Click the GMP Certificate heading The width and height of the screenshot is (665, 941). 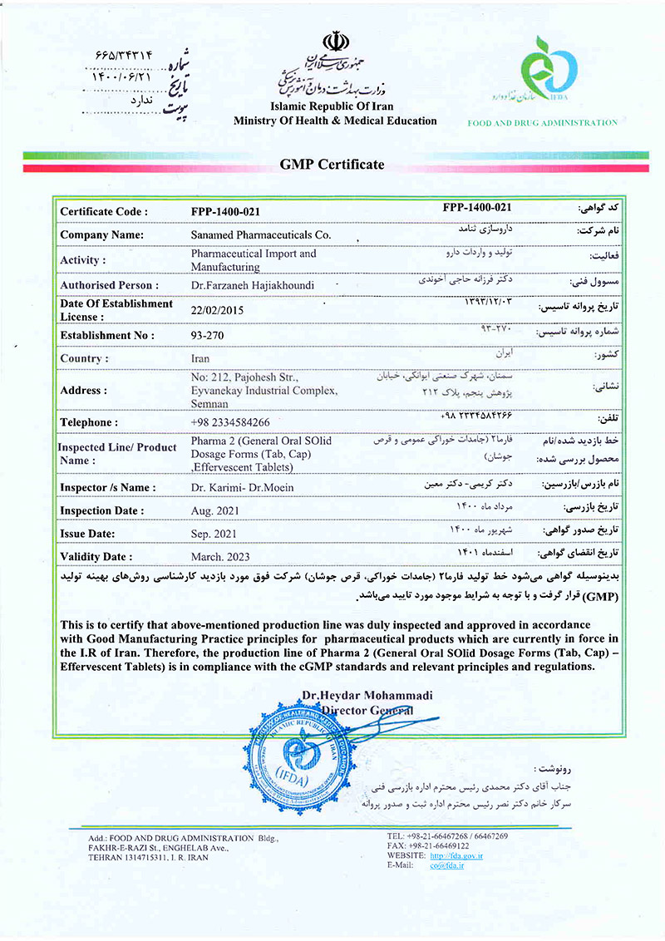click(x=332, y=164)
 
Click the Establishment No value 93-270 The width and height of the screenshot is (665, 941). click(x=208, y=335)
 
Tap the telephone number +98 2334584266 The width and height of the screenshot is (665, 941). click(x=230, y=422)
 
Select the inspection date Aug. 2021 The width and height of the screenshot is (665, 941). click(x=219, y=510)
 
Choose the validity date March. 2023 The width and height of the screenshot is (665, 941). click(x=220, y=556)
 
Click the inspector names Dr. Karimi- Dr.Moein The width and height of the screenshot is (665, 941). click(x=242, y=487)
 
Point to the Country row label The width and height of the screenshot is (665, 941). click(x=84, y=359)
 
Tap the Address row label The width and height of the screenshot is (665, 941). click(x=83, y=390)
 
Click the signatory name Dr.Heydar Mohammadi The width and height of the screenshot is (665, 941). click(x=367, y=695)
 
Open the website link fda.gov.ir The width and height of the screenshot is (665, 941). click(x=456, y=855)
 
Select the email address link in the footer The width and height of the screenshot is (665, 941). click(x=446, y=865)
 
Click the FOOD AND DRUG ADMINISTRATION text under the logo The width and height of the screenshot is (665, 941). click(x=543, y=123)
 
